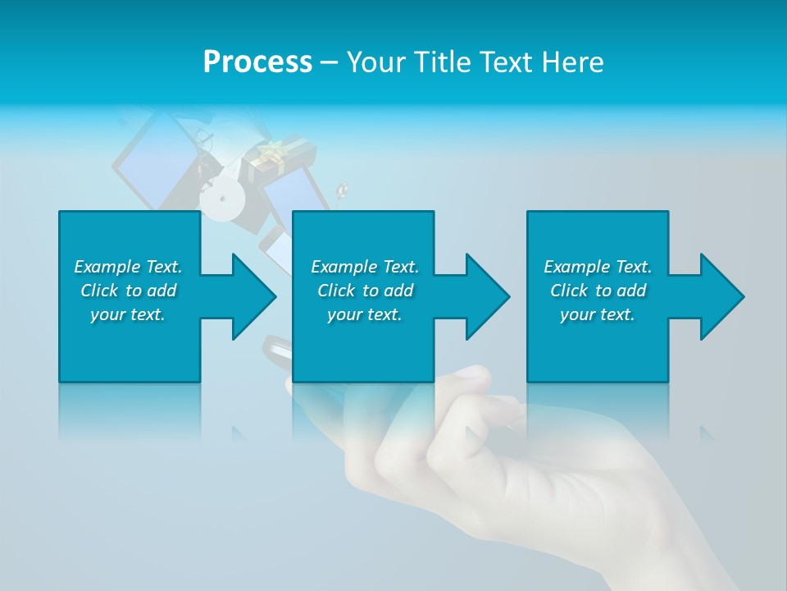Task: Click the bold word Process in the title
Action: tap(257, 62)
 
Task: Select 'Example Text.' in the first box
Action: tap(128, 267)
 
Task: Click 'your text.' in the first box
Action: tap(128, 314)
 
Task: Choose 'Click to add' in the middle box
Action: tap(365, 291)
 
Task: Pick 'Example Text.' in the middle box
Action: tap(365, 267)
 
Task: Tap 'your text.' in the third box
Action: tap(598, 314)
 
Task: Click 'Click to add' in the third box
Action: tap(598, 291)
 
